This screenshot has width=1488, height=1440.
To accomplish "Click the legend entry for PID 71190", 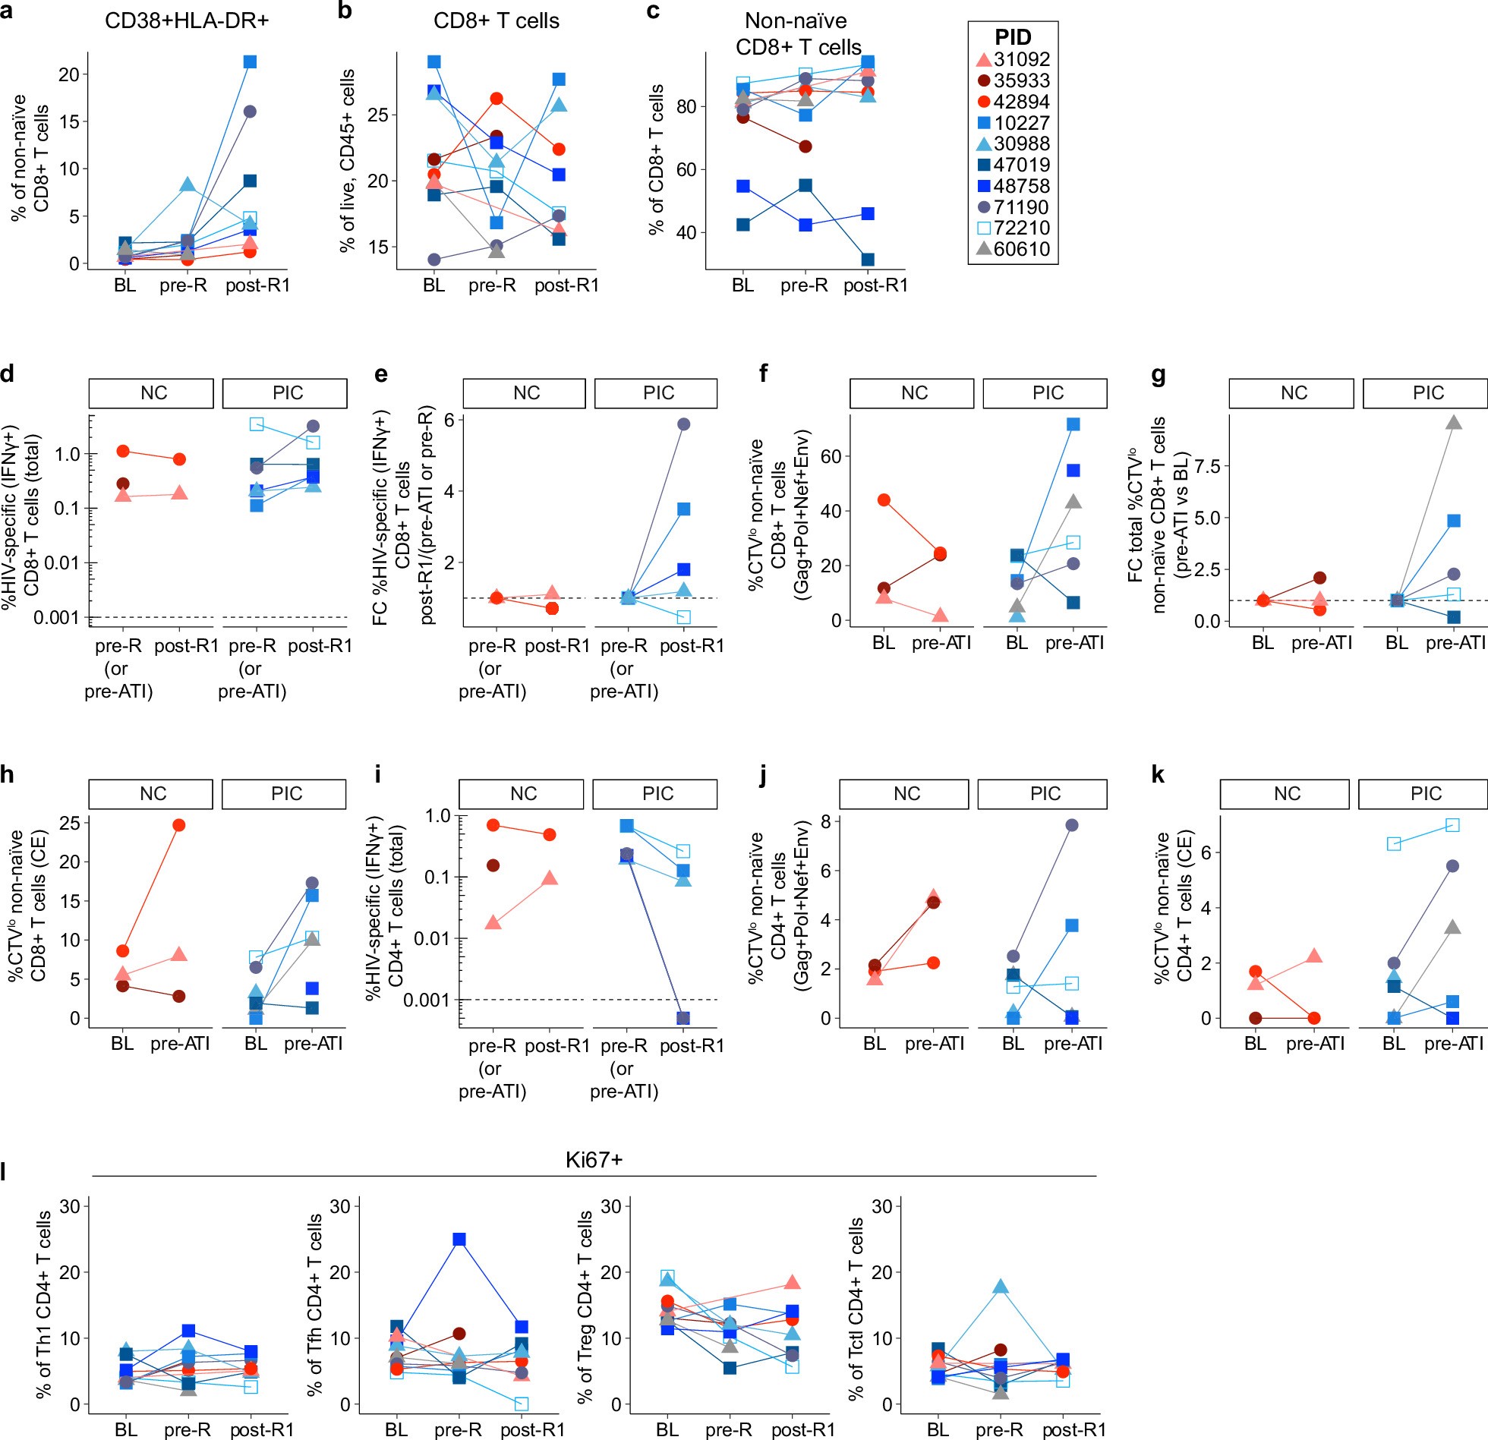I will (x=1014, y=207).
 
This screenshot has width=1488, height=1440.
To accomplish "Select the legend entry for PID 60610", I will (x=1014, y=249).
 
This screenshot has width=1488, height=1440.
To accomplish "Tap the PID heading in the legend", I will (x=1013, y=37).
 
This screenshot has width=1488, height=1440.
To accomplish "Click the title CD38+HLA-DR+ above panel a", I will (x=187, y=20).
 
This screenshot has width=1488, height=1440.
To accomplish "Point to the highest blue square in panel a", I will (x=250, y=61).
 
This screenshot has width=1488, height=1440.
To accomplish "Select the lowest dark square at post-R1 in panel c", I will (x=868, y=260).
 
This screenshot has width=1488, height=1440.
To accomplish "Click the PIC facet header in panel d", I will (x=287, y=392).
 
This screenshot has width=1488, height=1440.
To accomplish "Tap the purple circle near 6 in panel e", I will (x=684, y=424).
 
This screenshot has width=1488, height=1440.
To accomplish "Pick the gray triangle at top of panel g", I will (x=1453, y=423).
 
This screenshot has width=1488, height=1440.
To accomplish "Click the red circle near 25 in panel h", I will (x=179, y=825).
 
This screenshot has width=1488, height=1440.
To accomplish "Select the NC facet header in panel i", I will (x=523, y=794).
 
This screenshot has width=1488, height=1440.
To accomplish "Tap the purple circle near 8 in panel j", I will (x=1072, y=825).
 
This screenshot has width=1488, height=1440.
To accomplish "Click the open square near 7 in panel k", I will (x=1452, y=825).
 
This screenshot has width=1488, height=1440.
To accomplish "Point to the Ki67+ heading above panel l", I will (x=594, y=1159).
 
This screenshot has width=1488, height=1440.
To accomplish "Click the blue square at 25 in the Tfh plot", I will (x=459, y=1239).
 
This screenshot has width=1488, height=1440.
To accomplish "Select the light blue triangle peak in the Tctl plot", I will (x=1000, y=1287).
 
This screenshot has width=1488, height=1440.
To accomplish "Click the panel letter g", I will (x=1158, y=375).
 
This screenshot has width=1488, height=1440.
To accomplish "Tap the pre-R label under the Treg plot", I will (x=728, y=1429).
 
